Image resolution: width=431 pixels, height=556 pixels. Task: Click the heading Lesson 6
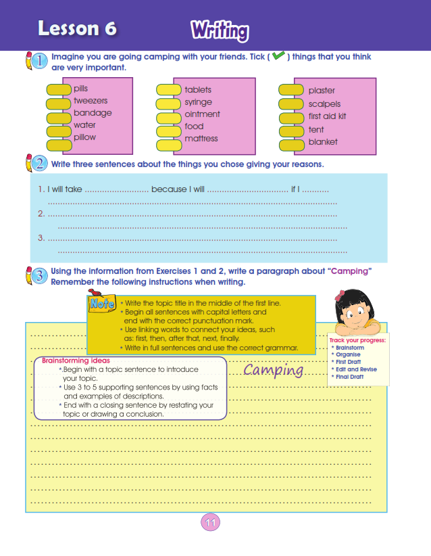[77, 28]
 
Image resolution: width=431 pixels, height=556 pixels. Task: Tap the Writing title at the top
[220, 30]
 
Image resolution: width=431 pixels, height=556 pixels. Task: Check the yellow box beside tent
[290, 130]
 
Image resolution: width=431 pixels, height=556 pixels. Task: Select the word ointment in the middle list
[202, 114]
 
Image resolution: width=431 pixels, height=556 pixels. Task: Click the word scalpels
[324, 104]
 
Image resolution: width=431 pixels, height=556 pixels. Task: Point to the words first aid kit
[327, 117]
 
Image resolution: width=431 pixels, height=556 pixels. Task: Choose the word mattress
[201, 139]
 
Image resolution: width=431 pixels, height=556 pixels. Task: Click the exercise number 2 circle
[39, 164]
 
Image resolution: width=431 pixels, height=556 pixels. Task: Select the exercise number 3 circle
[39, 275]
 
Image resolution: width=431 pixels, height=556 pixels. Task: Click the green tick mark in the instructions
[278, 56]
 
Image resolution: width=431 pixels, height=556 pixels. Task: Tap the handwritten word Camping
[273, 370]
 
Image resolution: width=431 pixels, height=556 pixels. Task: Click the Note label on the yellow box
[103, 304]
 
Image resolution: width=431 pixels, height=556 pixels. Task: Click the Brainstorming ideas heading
[76, 361]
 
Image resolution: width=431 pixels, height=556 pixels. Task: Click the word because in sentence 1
[169, 189]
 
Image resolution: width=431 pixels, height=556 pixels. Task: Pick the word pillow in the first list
[85, 137]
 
